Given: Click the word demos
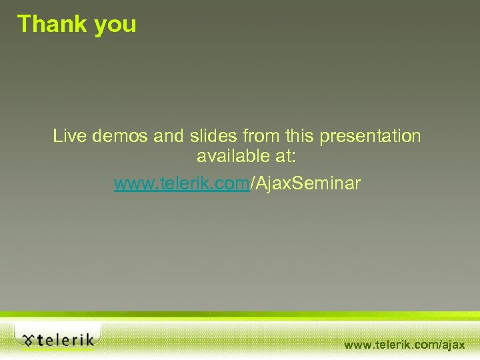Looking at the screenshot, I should click(116, 137).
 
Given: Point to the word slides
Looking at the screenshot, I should click(211, 137).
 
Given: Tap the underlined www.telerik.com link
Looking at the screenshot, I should click(181, 182).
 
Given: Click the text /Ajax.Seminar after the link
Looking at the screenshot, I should click(305, 182).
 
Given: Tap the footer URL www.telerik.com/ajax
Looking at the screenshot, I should click(404, 345).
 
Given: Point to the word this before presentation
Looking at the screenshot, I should click(301, 137).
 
